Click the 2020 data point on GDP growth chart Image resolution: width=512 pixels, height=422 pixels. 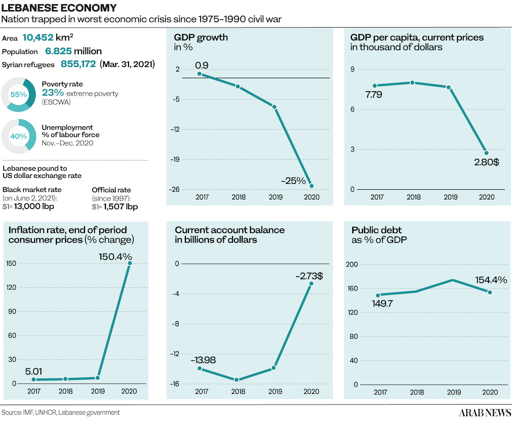pyautogui.click(x=311, y=186)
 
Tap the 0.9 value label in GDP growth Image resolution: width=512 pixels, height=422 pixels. pyautogui.click(x=201, y=65)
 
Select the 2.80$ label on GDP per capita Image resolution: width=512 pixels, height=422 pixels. pyautogui.click(x=486, y=163)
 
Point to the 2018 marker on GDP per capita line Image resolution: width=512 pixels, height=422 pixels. pyautogui.click(x=412, y=82)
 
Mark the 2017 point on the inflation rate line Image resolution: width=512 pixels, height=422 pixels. pyautogui.click(x=34, y=379)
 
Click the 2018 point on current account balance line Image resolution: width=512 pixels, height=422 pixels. pyautogui.click(x=237, y=380)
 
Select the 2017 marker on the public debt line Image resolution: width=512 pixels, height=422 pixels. pyautogui.click(x=378, y=295)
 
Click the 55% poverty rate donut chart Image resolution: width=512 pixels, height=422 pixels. pyautogui.click(x=18, y=94)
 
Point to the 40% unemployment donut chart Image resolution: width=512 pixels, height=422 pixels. pyautogui.click(x=18, y=136)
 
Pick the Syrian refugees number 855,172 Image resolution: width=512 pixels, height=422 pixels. pyautogui.click(x=78, y=64)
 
